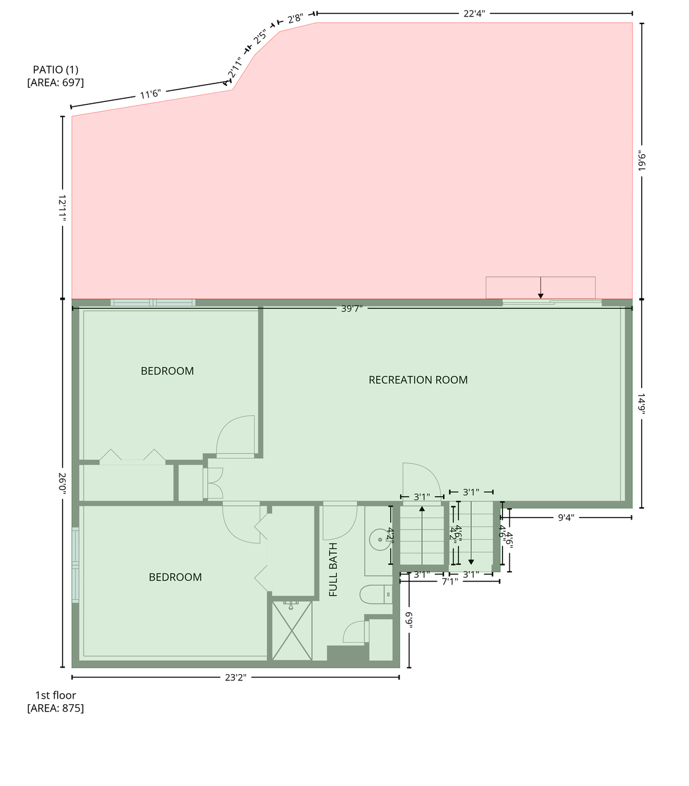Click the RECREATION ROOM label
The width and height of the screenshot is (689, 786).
tap(418, 380)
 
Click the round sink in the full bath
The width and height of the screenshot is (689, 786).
tap(379, 540)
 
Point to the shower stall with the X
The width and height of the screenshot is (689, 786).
tap(292, 631)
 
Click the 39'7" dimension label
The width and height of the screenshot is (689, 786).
tap(352, 309)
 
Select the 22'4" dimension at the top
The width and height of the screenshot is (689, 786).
tap(474, 14)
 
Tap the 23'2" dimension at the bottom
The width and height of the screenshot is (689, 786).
tap(236, 677)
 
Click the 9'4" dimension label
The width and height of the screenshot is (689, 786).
tap(565, 518)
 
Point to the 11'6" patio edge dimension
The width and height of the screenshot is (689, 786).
tap(150, 95)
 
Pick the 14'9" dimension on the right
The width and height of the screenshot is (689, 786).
tap(642, 404)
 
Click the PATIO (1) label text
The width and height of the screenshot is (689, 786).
tap(55, 70)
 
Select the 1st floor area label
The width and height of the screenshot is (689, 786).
tap(55, 702)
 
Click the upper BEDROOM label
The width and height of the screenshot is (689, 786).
tap(167, 371)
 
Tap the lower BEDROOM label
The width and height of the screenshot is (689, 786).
tap(175, 577)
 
